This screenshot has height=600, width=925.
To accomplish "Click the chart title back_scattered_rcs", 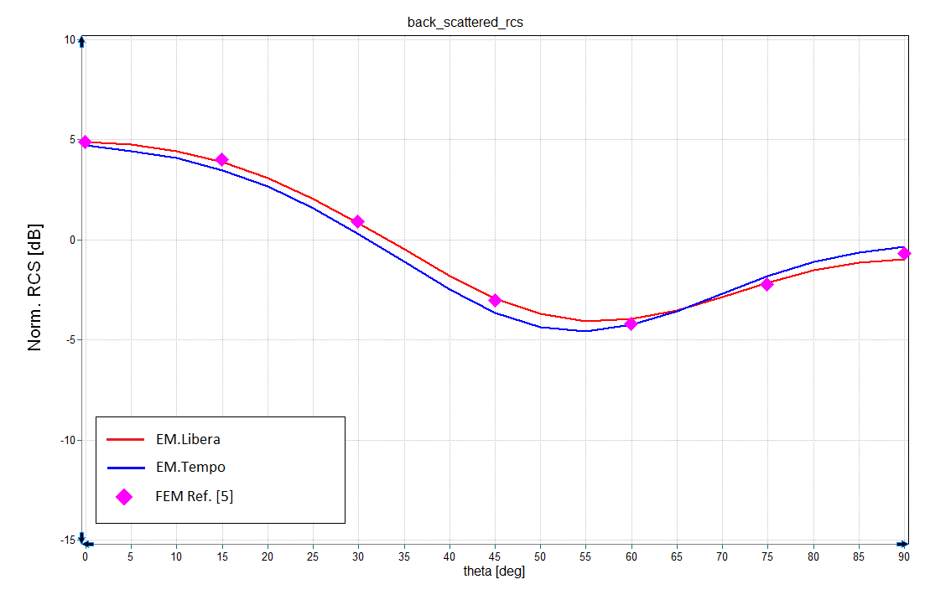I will click(x=465, y=23).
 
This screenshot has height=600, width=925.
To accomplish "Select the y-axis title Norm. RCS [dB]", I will click(x=35, y=287).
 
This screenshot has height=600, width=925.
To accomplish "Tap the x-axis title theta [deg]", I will click(x=494, y=572).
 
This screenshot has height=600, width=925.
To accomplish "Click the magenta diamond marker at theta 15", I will click(x=221, y=159).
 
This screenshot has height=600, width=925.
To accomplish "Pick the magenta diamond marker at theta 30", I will click(x=357, y=221).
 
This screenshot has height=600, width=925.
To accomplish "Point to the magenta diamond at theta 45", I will click(x=495, y=300).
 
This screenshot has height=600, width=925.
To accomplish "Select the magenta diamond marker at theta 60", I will click(x=631, y=323).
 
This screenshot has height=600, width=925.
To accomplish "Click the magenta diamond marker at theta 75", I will click(x=767, y=284).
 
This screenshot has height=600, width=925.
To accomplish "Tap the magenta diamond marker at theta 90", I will click(x=904, y=253).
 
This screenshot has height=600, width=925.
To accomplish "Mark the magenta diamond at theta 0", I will click(x=85, y=142).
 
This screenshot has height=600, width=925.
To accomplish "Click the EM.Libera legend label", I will click(x=188, y=438).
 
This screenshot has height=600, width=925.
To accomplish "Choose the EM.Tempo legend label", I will click(x=190, y=467).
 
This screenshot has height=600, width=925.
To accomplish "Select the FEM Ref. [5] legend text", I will click(x=195, y=496).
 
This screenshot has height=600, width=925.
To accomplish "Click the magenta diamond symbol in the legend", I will click(x=124, y=497).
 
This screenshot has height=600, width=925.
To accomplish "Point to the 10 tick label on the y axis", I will click(x=70, y=39).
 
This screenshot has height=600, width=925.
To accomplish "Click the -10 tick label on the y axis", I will click(x=68, y=440).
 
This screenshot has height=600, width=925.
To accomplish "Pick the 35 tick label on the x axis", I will click(x=403, y=556).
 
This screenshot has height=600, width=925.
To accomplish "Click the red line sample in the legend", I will click(x=124, y=438).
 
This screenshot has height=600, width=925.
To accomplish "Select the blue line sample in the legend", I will click(x=124, y=467).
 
